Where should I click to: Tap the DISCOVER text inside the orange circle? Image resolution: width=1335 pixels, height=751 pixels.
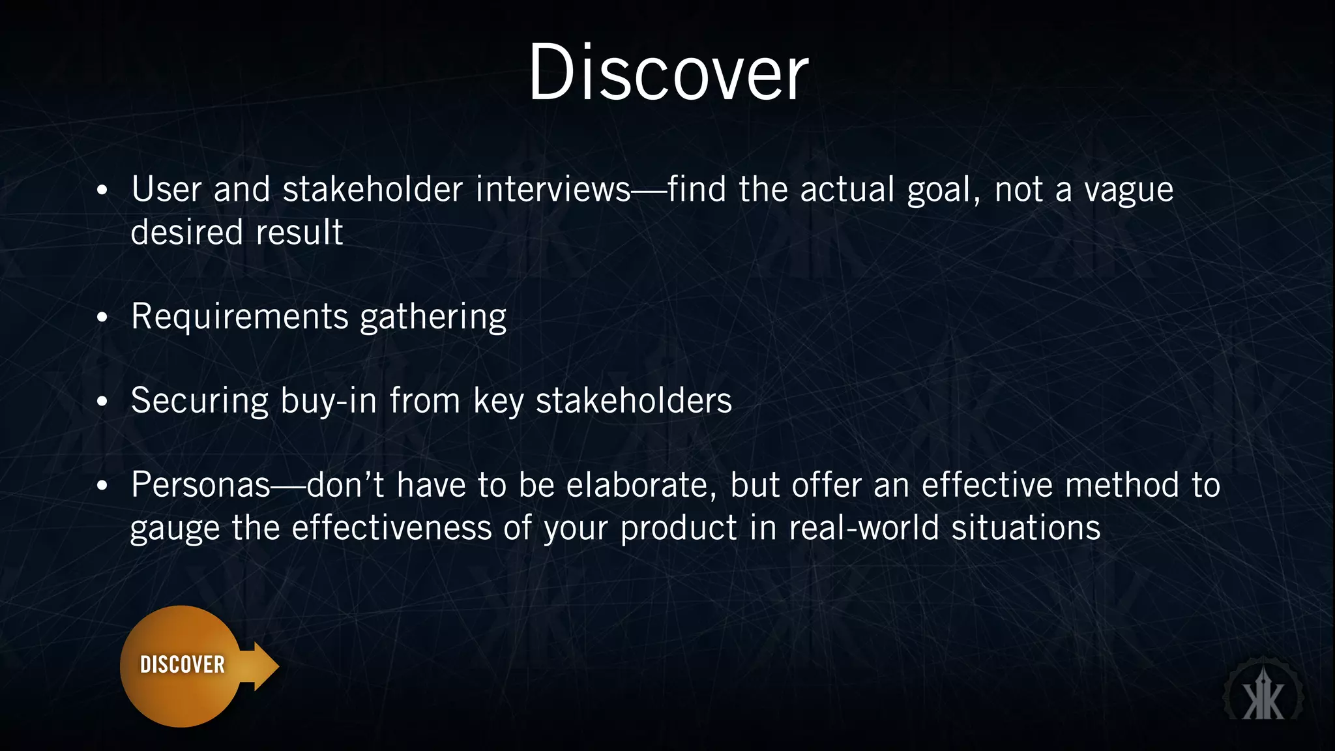coord(183,665)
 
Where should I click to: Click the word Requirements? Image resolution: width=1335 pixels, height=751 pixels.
coord(240,316)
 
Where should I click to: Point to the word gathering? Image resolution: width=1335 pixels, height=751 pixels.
coord(433,317)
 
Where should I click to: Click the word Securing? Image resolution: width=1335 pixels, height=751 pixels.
coord(199,400)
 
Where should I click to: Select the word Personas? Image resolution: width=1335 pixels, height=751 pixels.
coord(201,485)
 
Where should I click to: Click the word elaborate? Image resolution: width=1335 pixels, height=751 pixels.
coord(641,485)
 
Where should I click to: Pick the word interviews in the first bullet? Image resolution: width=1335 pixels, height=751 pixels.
coord(553,190)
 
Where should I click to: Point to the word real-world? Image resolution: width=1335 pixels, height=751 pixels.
coord(864,527)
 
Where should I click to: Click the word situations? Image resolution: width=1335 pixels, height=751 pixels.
coord(1026,527)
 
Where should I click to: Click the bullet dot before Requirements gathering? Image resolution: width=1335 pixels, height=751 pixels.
coord(102,317)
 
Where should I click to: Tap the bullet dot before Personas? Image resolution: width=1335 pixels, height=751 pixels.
coord(102,486)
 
